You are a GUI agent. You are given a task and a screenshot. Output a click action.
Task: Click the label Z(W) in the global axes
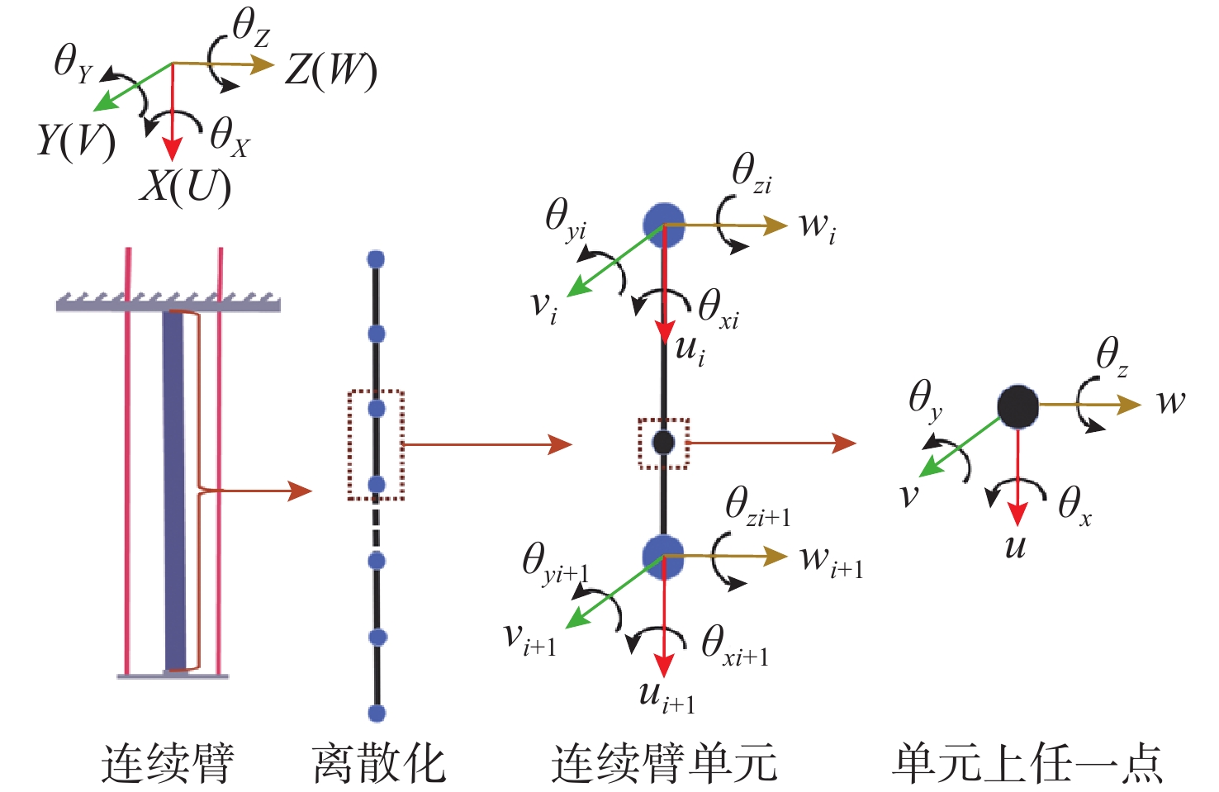[x=330, y=71]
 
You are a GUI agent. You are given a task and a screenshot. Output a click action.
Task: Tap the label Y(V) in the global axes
[x=75, y=140]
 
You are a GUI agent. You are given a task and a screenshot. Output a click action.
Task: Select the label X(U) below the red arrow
[x=185, y=187]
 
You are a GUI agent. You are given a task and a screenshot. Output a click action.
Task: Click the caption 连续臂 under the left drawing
[x=168, y=761]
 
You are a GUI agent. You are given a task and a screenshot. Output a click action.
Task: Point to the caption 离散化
[x=379, y=761]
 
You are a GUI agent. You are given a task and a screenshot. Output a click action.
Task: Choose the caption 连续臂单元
[x=664, y=761]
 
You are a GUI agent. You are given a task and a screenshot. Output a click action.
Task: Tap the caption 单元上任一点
[x=1027, y=761]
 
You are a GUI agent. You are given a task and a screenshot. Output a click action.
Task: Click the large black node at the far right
[x=1017, y=405]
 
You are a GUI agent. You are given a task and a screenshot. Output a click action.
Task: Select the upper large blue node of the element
[x=663, y=225]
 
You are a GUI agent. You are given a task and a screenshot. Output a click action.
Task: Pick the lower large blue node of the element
[x=663, y=556]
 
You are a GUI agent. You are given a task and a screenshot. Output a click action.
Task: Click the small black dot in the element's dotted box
[x=663, y=443]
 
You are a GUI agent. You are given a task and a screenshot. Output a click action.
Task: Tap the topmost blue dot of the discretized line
[x=376, y=259]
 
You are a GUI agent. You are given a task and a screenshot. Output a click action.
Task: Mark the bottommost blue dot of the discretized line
[x=377, y=714]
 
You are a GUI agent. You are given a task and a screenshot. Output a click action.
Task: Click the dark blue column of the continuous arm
[x=174, y=487]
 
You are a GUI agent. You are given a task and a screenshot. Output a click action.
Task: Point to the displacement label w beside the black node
[x=1170, y=402]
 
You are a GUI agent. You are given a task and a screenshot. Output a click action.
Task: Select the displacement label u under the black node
[x=1015, y=546]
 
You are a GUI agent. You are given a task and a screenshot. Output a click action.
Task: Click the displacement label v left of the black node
[x=909, y=495]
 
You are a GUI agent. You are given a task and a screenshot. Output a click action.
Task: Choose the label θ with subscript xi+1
[x=734, y=644]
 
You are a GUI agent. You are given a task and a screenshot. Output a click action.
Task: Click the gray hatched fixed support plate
[x=168, y=305]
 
